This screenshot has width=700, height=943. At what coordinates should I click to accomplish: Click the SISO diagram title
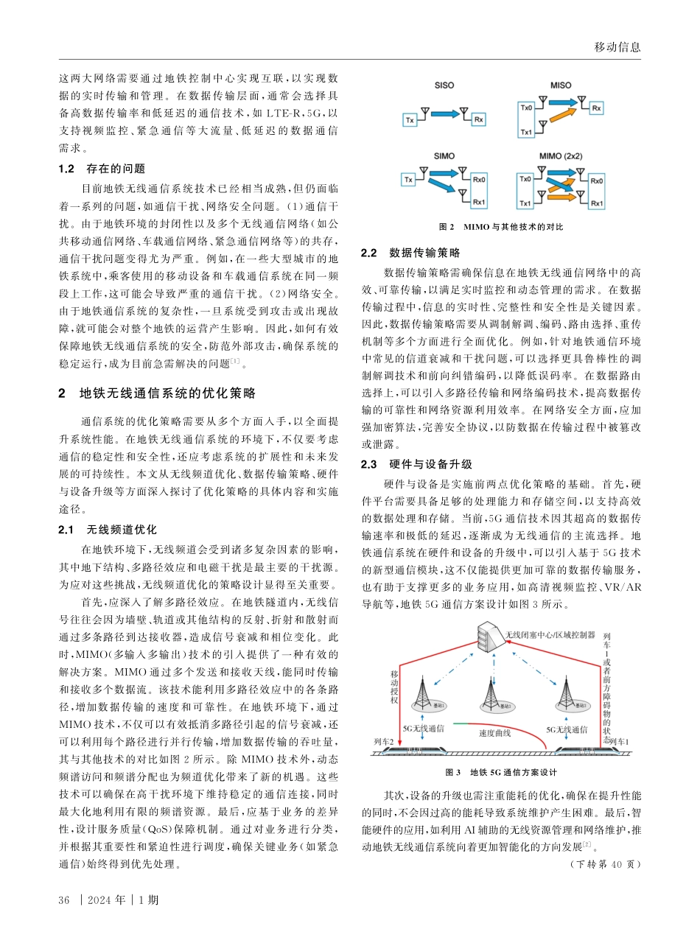pyautogui.click(x=445, y=85)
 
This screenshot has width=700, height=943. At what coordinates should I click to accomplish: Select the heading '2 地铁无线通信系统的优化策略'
pyautogui.click(x=158, y=393)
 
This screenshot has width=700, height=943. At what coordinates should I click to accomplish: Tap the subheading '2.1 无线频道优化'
pyautogui.click(x=108, y=530)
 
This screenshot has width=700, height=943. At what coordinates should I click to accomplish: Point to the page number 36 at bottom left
pyautogui.click(x=63, y=900)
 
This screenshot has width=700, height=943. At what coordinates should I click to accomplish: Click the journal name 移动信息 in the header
pyautogui.click(x=617, y=47)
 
